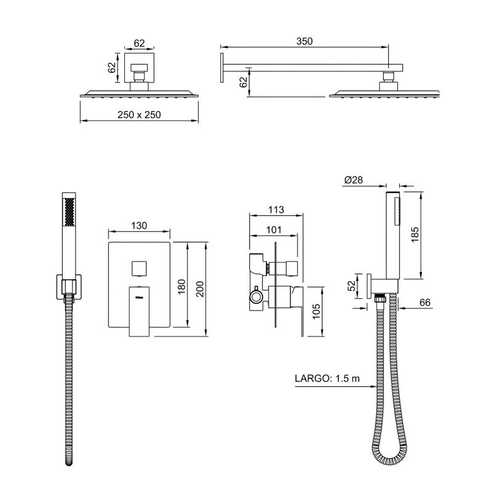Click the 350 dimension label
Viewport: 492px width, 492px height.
pyautogui.click(x=304, y=41)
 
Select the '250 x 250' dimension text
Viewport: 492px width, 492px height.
pyautogui.click(x=139, y=115)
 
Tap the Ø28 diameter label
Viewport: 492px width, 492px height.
pyautogui.click(x=353, y=180)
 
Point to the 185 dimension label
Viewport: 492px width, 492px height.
pyautogui.click(x=415, y=234)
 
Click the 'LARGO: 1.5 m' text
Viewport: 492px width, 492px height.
pyautogui.click(x=327, y=378)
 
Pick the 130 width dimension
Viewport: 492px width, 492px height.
pyautogui.click(x=139, y=226)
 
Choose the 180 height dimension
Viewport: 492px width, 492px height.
pyautogui.click(x=181, y=287)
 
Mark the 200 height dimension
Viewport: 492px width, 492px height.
pyautogui.click(x=200, y=289)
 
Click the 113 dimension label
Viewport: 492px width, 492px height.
pyautogui.click(x=276, y=210)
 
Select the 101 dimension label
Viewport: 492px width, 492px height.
pyautogui.click(x=274, y=230)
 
